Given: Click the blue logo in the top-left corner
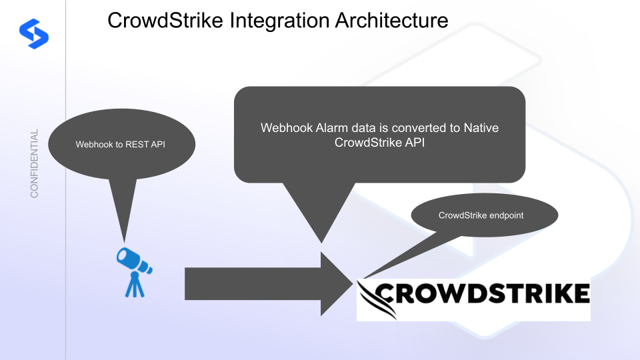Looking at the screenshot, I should coord(33,31).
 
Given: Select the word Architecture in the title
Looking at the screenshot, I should coord(391,21).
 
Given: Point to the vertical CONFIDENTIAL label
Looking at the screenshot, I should coord(34,163).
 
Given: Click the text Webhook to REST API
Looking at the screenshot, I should coord(120,144).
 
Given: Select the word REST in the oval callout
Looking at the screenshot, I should coord(137,144).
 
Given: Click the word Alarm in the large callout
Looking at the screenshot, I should coord(327,127).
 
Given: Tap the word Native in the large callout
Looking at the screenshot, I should coord(481,127).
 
